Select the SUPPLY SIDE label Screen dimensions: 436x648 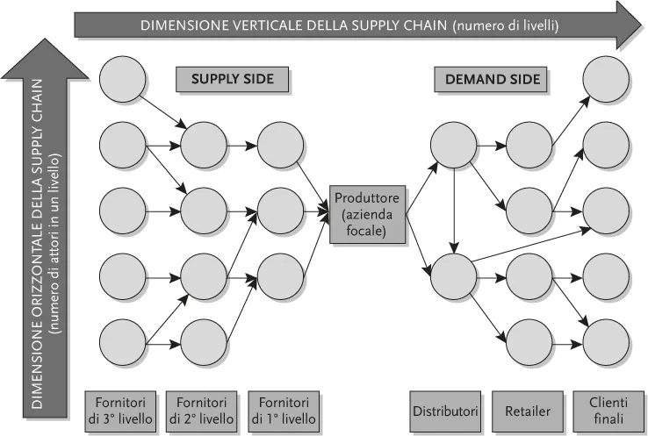pos(233,80)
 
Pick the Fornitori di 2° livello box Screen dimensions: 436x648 pos(202,410)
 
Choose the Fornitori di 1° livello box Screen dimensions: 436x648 pos(282,410)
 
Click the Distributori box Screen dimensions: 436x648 pos(444,410)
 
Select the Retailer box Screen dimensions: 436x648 pos(527,410)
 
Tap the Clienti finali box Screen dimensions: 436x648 pos(608,410)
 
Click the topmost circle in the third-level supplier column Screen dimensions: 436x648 pos(124,79)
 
